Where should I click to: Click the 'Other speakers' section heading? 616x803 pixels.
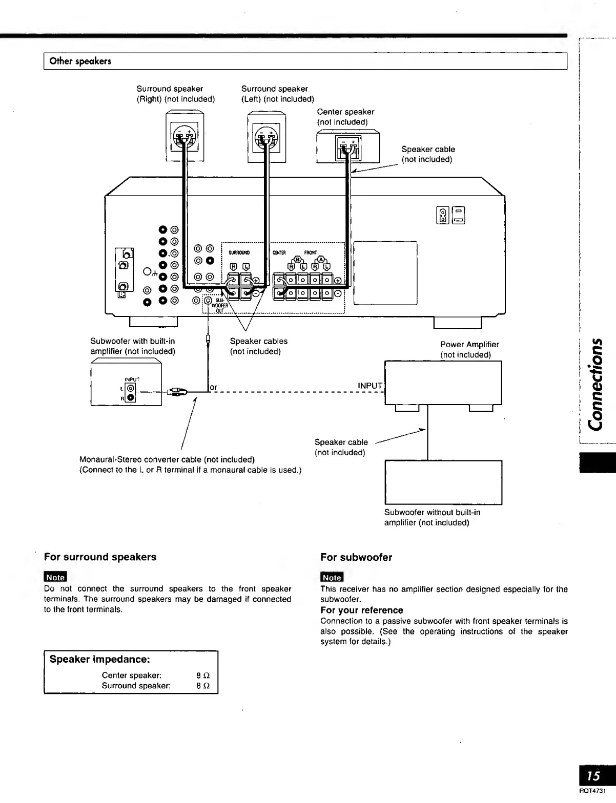(x=80, y=61)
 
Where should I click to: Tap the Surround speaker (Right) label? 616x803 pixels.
(x=175, y=94)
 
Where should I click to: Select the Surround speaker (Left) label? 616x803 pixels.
(x=277, y=94)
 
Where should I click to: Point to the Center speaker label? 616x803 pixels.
(x=345, y=117)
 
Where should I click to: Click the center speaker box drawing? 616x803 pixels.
(x=348, y=147)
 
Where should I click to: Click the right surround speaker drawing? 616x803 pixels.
(x=184, y=137)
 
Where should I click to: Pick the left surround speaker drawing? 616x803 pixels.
(x=266, y=137)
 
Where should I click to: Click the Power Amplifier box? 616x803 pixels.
(x=443, y=383)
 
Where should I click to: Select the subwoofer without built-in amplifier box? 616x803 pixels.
(x=443, y=482)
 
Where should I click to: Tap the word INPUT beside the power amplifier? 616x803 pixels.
(x=370, y=386)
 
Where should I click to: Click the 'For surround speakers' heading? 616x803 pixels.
(x=100, y=557)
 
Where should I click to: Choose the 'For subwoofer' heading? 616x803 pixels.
(x=356, y=557)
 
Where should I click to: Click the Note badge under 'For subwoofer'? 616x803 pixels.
(x=332, y=577)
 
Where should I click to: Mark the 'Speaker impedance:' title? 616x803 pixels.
(x=99, y=659)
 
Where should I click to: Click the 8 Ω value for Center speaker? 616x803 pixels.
(x=203, y=675)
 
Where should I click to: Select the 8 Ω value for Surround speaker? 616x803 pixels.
(x=203, y=686)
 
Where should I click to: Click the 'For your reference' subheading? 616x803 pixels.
(x=362, y=610)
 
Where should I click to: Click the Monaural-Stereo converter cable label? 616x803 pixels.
(x=167, y=459)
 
